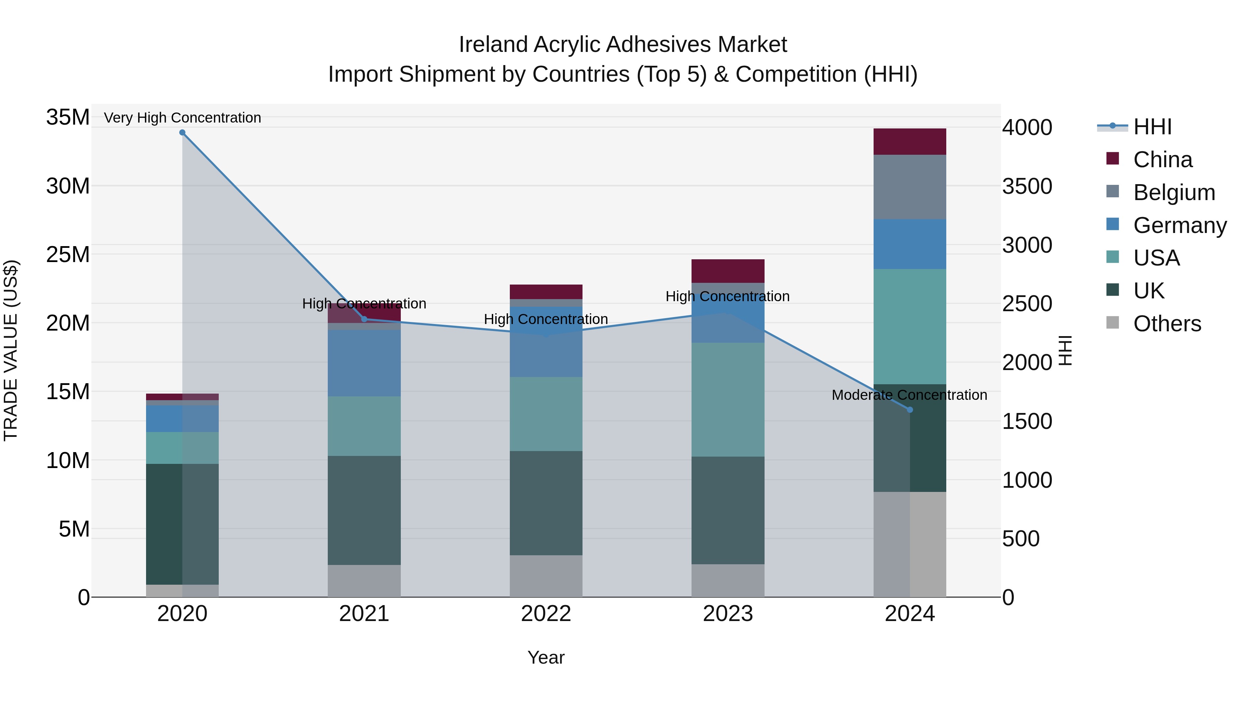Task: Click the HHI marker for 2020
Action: coord(182,133)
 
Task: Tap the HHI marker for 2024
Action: coord(910,410)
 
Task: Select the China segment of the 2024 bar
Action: coord(910,142)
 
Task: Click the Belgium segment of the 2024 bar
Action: coord(910,187)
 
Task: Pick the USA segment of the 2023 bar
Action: coord(728,399)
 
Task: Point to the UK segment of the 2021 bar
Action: coord(364,510)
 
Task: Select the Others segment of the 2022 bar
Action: coord(546,576)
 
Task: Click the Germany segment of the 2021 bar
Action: coord(364,363)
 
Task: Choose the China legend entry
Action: coord(1162,160)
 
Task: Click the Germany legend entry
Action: coord(1179,225)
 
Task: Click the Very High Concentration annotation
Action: coord(182,118)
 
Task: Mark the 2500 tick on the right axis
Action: coord(1027,304)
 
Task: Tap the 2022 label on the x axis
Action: coord(546,614)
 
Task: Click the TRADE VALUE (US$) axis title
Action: coord(11,350)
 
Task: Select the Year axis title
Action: coord(546,657)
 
